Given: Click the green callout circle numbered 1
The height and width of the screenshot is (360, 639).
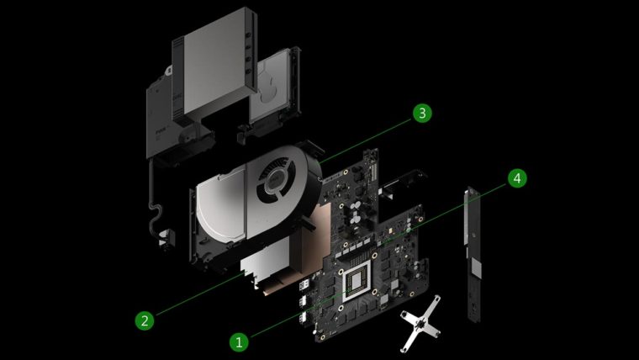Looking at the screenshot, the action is pos(240,341).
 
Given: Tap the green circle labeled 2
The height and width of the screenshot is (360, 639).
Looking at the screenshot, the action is pos(145,320).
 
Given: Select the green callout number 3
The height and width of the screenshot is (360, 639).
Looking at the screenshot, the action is pos(422,113).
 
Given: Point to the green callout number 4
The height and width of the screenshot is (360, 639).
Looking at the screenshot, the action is pos(517,178).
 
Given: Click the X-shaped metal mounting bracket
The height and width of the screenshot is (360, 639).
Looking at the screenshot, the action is pos(420,323).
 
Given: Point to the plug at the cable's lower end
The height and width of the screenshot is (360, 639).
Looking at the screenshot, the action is pos(166,240).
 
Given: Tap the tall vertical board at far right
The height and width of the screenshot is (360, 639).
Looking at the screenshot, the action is pos(473,253).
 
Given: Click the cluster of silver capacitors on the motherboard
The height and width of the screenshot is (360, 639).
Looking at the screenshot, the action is pos(355,216).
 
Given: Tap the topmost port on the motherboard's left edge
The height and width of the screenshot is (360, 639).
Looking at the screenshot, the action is pos(304,284).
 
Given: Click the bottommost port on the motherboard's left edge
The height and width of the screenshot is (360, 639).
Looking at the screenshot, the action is pos(304,318).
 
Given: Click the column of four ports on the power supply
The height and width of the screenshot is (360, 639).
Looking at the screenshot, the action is pos(248,54).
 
